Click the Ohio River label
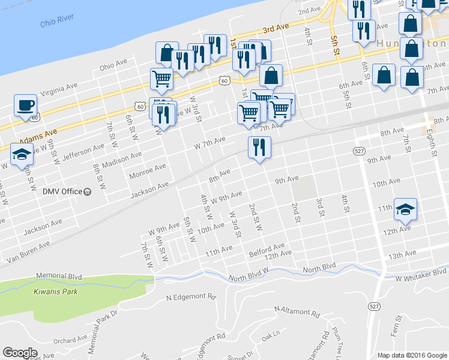(x=57, y=22)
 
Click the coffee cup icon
(x=25, y=105)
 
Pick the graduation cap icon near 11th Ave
(x=405, y=209)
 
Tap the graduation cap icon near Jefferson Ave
(x=22, y=153)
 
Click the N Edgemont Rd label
(x=191, y=296)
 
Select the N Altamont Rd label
(x=297, y=311)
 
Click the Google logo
(x=20, y=353)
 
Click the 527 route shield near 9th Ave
(x=359, y=150)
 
